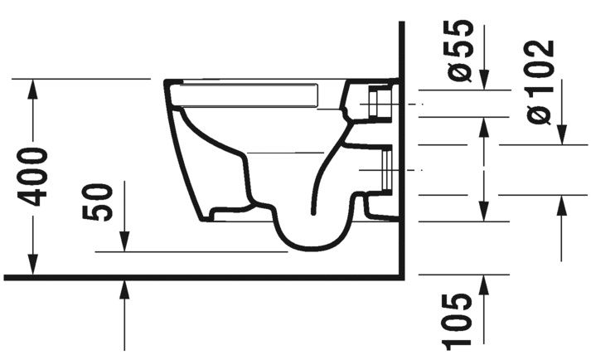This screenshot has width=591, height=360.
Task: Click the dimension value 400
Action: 35,176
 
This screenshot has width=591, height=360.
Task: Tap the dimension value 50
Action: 99,202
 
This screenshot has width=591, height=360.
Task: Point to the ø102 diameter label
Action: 540,81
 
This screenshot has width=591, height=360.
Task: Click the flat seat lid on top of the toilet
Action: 249,94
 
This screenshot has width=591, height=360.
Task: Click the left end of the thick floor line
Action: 6,277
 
